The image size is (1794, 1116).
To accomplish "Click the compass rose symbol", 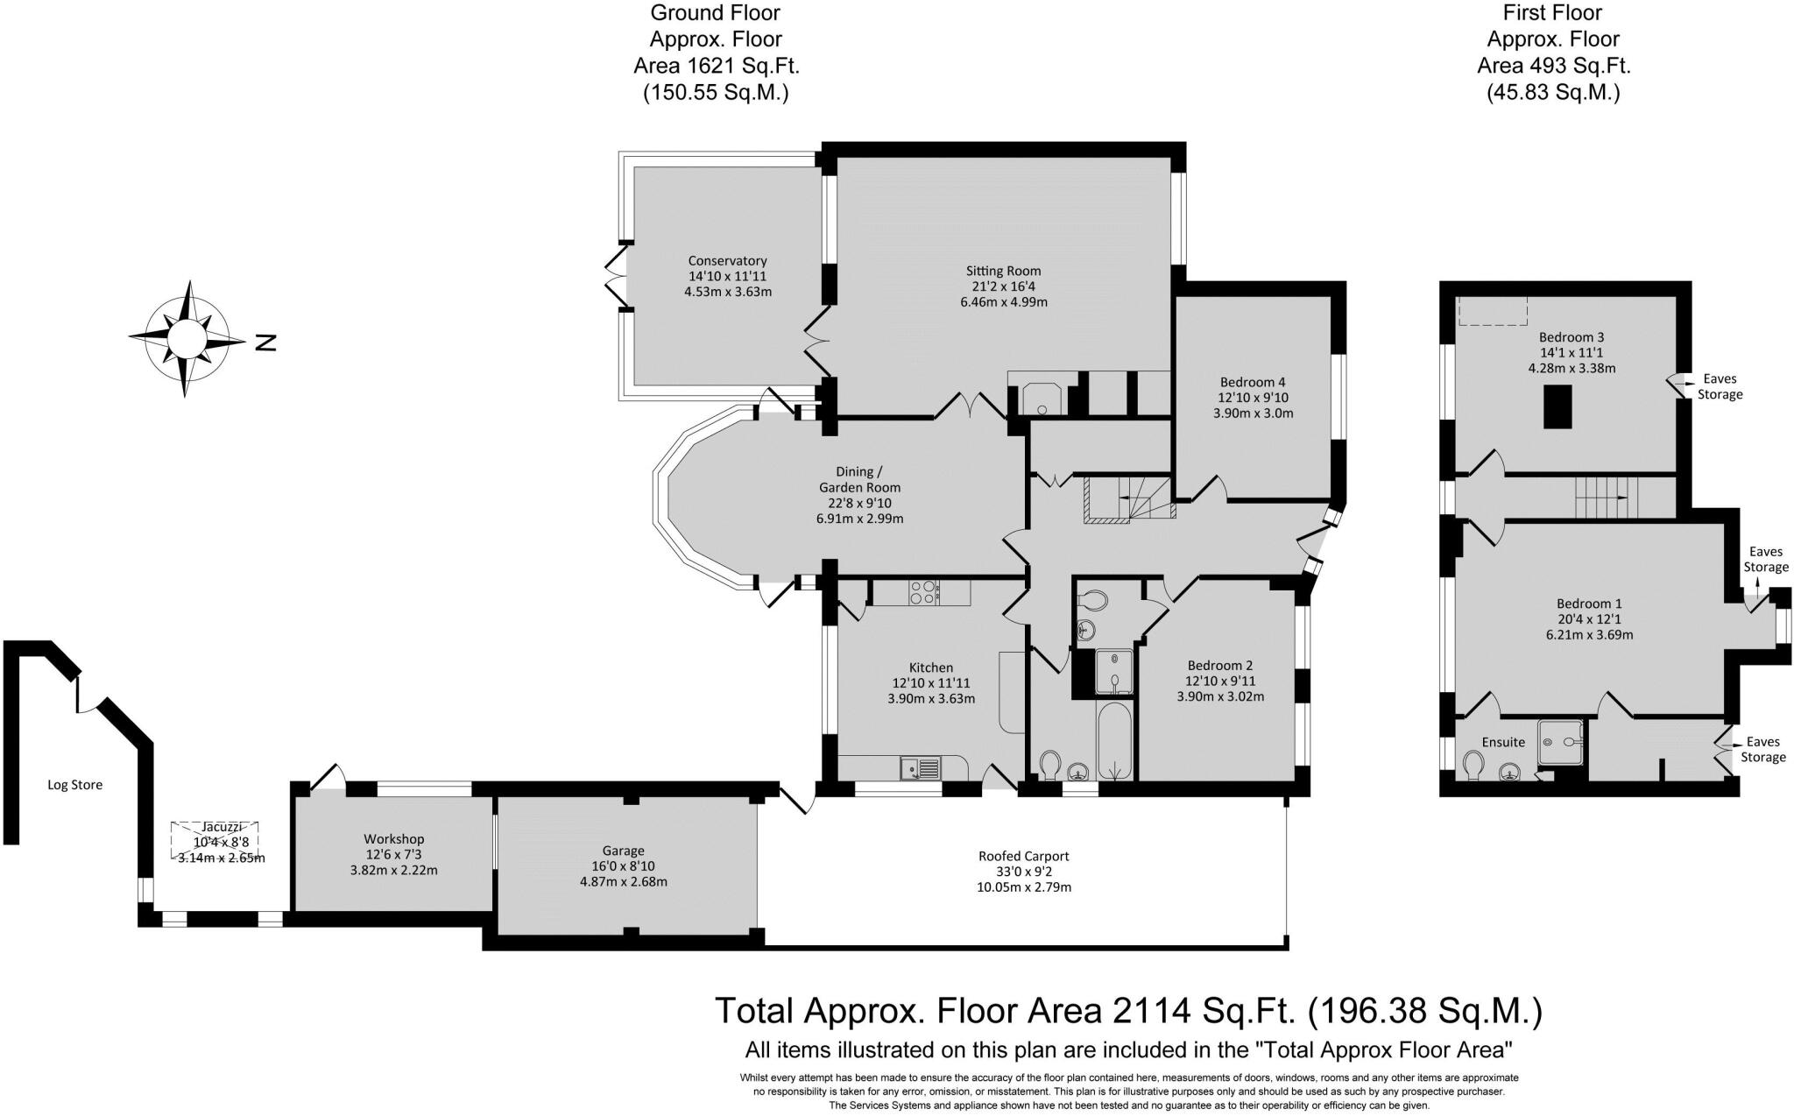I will [186, 338].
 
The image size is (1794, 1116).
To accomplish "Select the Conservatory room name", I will [727, 260].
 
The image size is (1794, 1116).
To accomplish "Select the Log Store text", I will [74, 785].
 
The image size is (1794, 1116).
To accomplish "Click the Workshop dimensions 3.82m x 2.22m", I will [392, 871].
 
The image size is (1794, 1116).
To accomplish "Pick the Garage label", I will [623, 851].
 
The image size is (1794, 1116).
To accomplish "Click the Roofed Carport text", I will [1023, 856].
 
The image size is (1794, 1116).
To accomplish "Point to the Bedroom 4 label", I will [1253, 382].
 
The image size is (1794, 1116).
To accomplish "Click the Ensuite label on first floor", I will [1503, 742].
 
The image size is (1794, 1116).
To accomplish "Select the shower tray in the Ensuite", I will [1561, 741].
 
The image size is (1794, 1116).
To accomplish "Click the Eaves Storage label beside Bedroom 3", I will [1720, 386].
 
